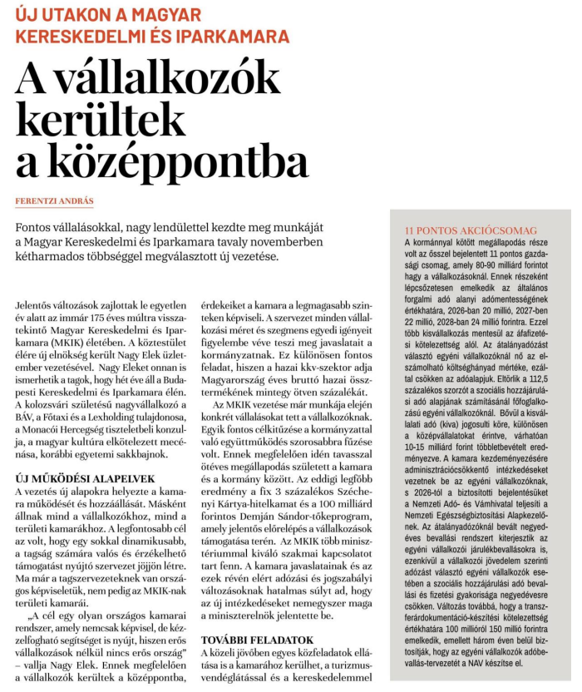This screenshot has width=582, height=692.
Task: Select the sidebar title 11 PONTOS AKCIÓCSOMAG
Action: (x=470, y=230)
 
